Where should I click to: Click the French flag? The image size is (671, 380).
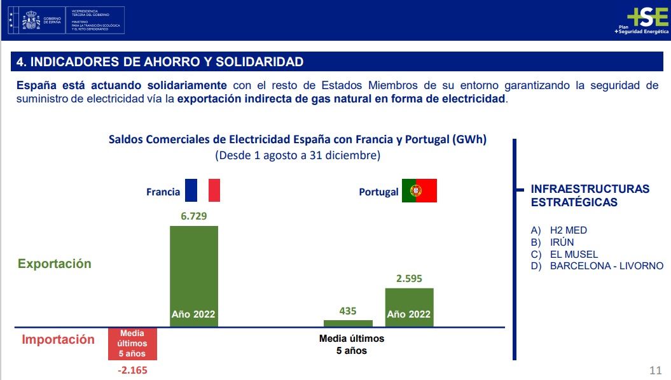pos(202,190)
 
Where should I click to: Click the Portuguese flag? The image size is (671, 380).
pos(419,191)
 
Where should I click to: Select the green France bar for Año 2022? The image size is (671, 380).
pos(194,276)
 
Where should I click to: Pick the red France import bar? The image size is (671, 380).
pos(132,344)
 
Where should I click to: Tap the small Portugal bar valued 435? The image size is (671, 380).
pos(348,323)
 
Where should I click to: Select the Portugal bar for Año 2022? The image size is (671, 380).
pos(409,307)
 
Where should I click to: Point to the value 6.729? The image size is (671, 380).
pos(194,216)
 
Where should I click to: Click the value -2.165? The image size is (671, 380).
pos(132,370)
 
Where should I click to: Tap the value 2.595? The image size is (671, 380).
pos(409,278)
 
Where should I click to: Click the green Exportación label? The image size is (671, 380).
pos(55,264)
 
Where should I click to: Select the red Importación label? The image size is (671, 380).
pos(58,339)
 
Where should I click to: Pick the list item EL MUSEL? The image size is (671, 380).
pos(574,255)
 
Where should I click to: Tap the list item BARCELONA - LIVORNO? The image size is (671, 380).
pos(606,266)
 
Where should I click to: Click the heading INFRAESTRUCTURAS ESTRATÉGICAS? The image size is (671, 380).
pos(590,195)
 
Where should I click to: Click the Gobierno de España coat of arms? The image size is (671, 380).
pos(30,20)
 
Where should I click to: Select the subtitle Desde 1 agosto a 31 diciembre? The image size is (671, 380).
pos(298,155)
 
